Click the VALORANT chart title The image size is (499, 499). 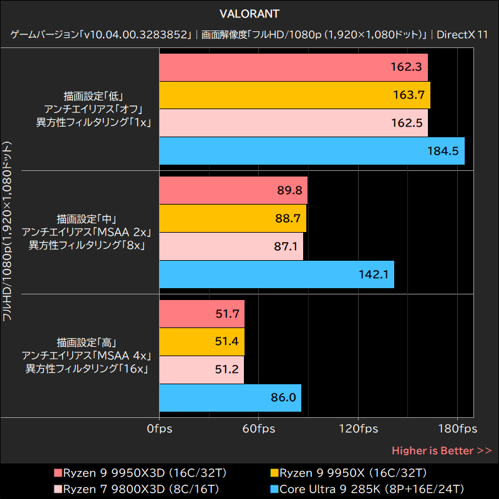tap(249, 13)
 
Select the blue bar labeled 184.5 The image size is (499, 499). tap(312, 151)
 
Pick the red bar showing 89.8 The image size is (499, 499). tap(233, 190)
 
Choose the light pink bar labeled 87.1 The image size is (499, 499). tap(231, 246)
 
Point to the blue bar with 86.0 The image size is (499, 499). tap(230, 398)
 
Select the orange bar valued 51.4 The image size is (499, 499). tap(201, 342)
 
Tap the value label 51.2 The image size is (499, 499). tap(226, 370)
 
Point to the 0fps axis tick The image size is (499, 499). tap(160, 429)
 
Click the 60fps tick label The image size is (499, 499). tap(259, 429)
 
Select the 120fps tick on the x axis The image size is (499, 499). tap(358, 429)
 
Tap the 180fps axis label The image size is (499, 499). tap(457, 429)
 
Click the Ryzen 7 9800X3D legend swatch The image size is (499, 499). tap(57, 488)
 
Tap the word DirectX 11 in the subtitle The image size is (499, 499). tap(462, 34)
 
